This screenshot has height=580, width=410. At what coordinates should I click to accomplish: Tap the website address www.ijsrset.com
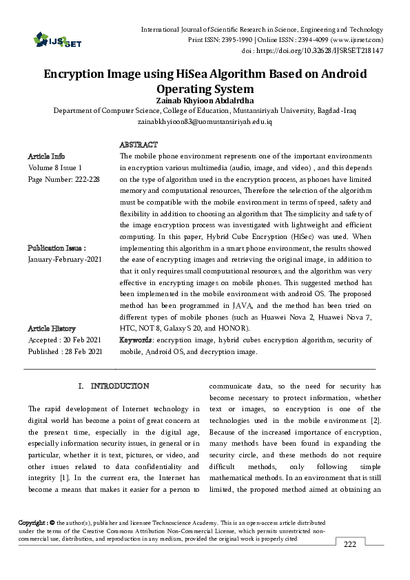coord(358,39)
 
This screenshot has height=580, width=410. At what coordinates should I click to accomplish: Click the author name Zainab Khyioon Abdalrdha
coord(205,101)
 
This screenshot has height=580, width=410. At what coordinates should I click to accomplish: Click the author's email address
coord(205,121)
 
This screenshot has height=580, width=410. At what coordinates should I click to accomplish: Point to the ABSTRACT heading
coord(139,145)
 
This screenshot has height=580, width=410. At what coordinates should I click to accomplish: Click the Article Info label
coord(46,156)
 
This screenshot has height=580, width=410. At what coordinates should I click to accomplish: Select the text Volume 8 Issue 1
coord(55,167)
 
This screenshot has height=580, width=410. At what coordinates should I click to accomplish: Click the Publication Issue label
coord(57,247)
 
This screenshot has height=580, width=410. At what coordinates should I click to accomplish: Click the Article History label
coord(52,329)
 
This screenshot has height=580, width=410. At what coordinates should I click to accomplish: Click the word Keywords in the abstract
coord(136,340)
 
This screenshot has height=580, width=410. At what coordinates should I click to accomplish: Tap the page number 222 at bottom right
coord(350,544)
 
